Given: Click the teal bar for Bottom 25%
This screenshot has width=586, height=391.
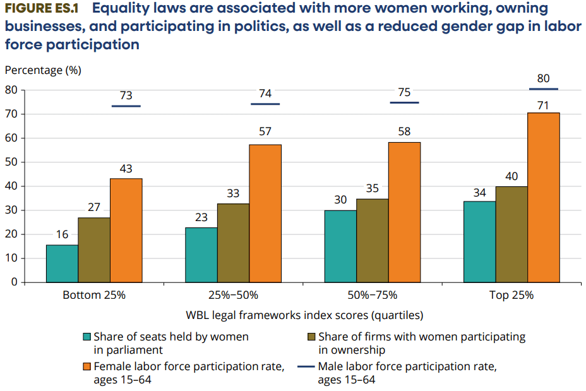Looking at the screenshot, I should click(63, 263).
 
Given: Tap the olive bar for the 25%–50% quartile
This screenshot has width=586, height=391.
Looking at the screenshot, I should click(233, 243).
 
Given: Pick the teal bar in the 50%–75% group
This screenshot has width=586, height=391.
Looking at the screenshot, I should click(340, 246).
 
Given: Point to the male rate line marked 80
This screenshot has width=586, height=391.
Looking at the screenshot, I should click(543, 89).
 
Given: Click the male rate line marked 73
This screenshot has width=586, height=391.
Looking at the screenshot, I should click(126, 106).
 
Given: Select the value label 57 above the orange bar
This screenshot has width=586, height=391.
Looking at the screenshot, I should click(265, 131).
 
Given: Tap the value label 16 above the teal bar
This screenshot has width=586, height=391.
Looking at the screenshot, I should click(63, 234).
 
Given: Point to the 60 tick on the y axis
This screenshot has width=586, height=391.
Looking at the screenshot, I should click(11, 138).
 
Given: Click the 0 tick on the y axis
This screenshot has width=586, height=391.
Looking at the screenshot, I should click(14, 282).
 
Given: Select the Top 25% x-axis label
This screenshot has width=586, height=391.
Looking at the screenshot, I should click(511, 295).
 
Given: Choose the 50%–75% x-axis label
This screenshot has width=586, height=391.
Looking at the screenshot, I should click(373, 295).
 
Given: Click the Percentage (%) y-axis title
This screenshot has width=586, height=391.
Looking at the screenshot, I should click(43, 70).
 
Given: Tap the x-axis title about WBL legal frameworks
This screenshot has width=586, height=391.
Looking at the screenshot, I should click(304, 315).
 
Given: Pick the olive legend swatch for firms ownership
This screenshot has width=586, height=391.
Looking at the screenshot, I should click(312, 337).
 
